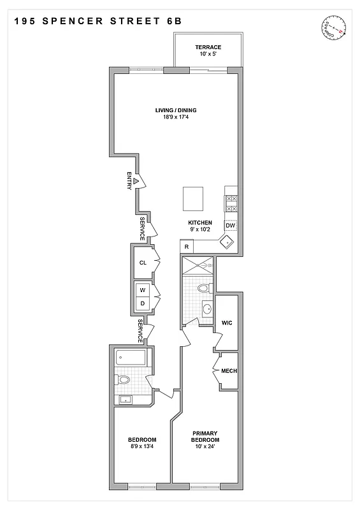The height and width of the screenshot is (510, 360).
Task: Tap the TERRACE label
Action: point(208,48)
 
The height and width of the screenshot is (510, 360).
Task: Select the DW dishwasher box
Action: point(230,226)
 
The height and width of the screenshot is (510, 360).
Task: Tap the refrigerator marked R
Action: point(187,247)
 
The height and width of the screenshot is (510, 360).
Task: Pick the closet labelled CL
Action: point(143,263)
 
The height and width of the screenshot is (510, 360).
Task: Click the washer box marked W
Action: point(142,290)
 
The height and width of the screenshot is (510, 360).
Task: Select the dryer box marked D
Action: point(142,304)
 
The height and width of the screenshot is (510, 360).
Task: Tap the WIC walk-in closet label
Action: point(226,323)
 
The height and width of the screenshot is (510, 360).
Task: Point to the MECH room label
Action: point(229,371)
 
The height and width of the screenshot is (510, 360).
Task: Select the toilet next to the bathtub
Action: point(123,381)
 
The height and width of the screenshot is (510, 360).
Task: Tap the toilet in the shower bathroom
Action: point(203,289)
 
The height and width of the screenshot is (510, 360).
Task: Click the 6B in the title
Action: point(173,21)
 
